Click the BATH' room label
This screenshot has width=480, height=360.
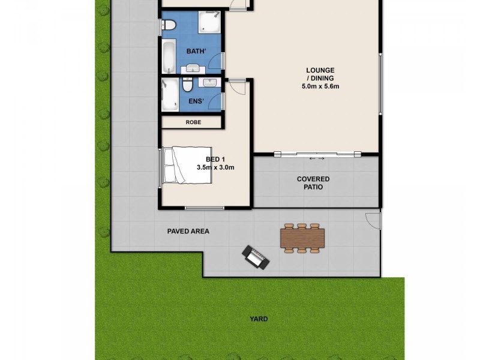tap(197, 52)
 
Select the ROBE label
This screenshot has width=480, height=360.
tap(193, 122)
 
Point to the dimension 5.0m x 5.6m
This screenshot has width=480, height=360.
tap(321, 86)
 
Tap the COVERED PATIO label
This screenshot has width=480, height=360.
tap(313, 183)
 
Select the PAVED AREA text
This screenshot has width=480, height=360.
tap(188, 230)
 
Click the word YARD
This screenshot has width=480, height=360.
tap(259, 319)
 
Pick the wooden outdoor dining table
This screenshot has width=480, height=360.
tap(302, 238)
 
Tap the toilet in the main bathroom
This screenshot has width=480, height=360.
tap(169, 26)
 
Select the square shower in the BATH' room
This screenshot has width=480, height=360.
tap(211, 23)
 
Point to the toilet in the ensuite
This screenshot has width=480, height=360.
tap(188, 83)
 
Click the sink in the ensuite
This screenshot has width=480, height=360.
tap(210, 82)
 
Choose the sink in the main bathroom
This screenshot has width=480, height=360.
tap(193, 67)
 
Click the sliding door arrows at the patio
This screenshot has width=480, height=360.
tap(316, 158)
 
